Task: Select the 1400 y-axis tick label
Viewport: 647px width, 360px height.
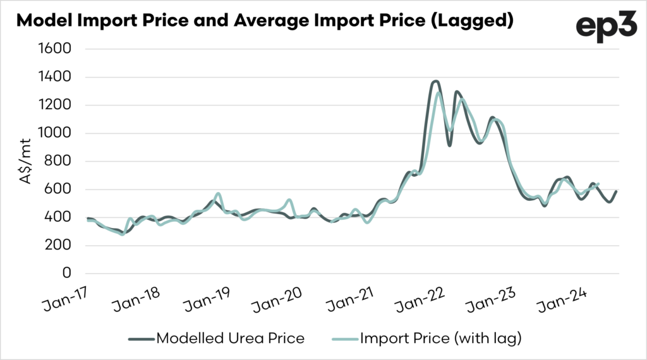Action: [55, 77]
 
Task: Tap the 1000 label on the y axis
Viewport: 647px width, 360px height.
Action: [55, 133]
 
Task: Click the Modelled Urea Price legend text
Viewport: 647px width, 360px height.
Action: [230, 339]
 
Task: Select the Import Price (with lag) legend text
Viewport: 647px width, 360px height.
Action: [440, 339]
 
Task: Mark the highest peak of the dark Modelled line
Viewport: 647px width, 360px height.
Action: [435, 81]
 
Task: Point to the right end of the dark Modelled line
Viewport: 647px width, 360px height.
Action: [616, 191]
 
